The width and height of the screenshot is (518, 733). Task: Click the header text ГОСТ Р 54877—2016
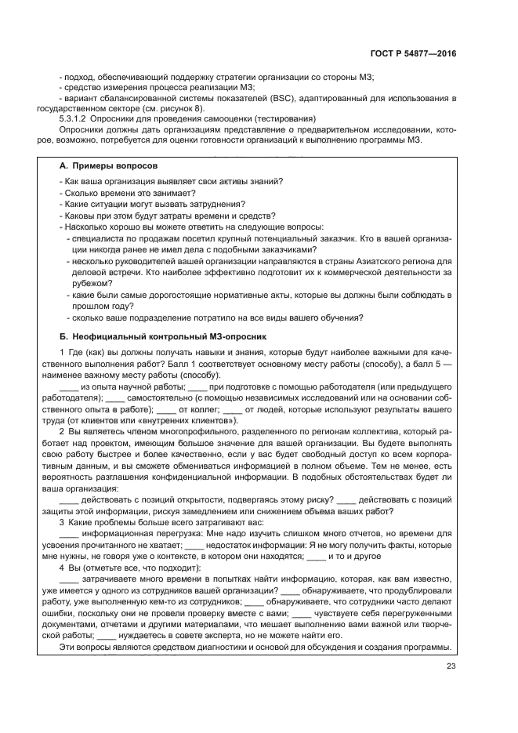point(413,53)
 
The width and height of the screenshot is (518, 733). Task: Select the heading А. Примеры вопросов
point(109,167)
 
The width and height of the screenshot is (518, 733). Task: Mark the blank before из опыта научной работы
point(69,387)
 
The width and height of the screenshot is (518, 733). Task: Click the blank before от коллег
point(166,409)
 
